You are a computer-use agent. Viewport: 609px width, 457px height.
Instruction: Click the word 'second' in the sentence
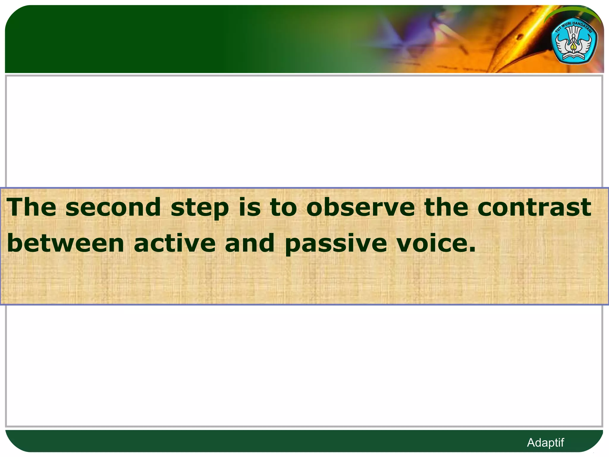[x=113, y=207]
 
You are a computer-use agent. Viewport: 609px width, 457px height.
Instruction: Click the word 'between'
[x=65, y=243]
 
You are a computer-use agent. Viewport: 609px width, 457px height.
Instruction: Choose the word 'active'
[x=175, y=243]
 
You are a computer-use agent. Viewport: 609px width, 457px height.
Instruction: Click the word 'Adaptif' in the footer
[x=545, y=442]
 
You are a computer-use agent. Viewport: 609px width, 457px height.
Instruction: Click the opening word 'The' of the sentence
[x=31, y=207]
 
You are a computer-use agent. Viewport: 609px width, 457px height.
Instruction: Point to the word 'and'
[x=249, y=243]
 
